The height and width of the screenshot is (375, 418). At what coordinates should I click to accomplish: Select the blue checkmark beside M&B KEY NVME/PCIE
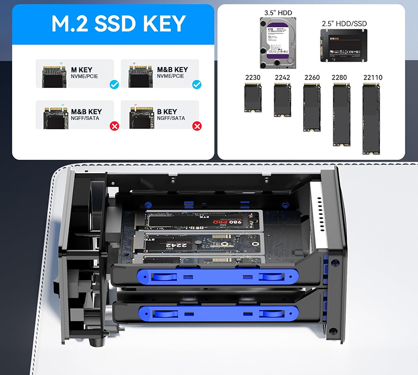(x=196, y=84)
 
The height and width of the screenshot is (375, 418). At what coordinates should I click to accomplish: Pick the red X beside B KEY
(x=196, y=126)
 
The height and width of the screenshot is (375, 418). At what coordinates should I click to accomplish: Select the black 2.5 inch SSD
(x=344, y=43)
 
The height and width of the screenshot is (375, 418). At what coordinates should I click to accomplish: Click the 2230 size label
(x=252, y=77)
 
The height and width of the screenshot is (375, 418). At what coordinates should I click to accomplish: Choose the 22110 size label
(x=372, y=77)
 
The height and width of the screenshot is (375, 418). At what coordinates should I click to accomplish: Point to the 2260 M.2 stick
(x=312, y=106)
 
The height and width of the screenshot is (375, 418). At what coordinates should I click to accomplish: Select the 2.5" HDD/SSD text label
(x=344, y=24)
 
